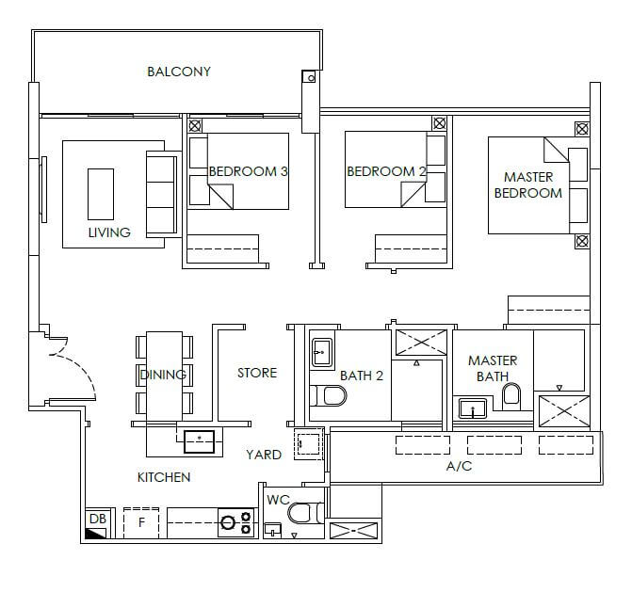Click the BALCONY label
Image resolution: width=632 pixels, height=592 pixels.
pyautogui.click(x=179, y=72)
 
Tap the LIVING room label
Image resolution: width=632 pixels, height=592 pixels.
pyautogui.click(x=109, y=232)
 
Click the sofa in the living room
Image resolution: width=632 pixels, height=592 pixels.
pyautogui.click(x=162, y=194)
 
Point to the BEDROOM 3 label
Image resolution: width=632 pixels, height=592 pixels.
pyautogui.click(x=249, y=171)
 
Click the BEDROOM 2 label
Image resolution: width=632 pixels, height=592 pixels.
pyautogui.click(x=386, y=171)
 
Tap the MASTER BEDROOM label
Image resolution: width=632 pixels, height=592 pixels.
pyautogui.click(x=528, y=184)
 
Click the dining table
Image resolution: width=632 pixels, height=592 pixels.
pyautogui.click(x=164, y=376)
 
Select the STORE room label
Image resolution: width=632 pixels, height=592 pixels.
pyautogui.click(x=257, y=373)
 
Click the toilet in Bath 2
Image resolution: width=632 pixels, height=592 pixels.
pyautogui.click(x=329, y=395)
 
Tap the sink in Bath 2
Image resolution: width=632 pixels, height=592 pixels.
pyautogui.click(x=322, y=353)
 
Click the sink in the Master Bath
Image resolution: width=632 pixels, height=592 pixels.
pyautogui.click(x=473, y=408)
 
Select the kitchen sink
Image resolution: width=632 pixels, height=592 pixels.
pyautogui.click(x=199, y=441)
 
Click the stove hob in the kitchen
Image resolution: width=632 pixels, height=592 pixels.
pyautogui.click(x=236, y=522)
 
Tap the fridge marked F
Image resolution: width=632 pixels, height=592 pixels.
pyautogui.click(x=141, y=522)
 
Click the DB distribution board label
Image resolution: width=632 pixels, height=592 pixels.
pyautogui.click(x=98, y=519)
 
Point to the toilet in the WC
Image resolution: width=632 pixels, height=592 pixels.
pyautogui.click(x=306, y=513)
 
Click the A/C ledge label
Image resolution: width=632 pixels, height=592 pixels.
pyautogui.click(x=459, y=466)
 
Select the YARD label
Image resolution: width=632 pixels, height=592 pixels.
pyautogui.click(x=264, y=455)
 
